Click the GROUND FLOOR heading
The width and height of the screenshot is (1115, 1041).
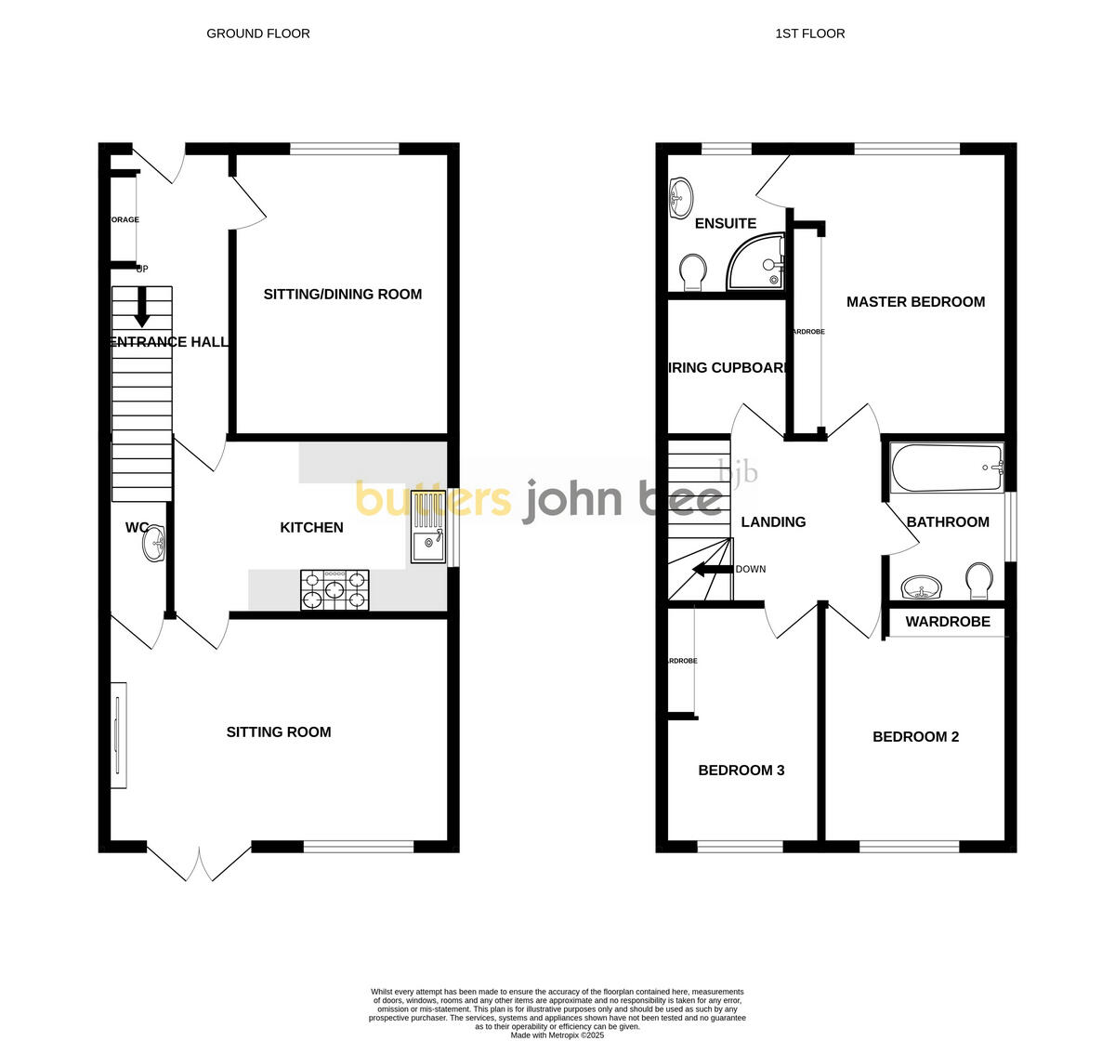258,33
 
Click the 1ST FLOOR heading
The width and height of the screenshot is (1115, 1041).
810,33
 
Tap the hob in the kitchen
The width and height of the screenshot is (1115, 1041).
334,590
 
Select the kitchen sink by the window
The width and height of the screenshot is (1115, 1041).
428,528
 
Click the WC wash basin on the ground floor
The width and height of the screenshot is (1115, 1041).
154,545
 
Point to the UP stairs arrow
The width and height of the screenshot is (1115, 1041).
142,308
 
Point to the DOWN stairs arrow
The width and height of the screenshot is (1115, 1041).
712,570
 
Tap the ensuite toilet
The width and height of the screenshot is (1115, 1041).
691,272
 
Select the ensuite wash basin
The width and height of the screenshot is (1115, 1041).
681,197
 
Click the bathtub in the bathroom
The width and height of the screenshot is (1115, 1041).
947,468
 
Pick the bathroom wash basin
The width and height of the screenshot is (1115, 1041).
921,587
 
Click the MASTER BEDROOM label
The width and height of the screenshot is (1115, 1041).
915,302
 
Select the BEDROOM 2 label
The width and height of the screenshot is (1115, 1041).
915,737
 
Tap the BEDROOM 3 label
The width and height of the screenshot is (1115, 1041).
741,771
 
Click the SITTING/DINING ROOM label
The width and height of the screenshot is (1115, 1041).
343,295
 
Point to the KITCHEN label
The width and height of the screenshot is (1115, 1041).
312,528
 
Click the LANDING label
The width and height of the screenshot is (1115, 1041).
773,522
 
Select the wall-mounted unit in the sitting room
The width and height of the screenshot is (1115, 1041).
118,735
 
